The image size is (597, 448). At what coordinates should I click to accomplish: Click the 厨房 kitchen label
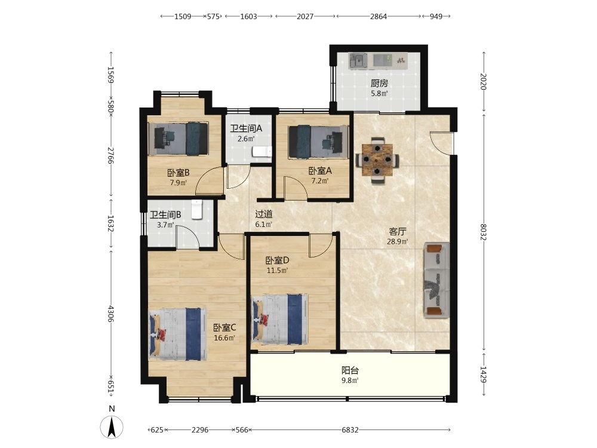(379, 84)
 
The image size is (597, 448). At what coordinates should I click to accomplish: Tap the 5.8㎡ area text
(379, 93)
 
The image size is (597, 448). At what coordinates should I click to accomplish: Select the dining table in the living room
(377, 160)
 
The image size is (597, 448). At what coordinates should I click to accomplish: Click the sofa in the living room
(437, 280)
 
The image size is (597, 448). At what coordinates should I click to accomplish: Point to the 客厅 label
(398, 231)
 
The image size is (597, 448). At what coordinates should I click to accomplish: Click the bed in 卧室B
(178, 139)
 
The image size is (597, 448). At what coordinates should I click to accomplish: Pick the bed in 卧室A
(318, 142)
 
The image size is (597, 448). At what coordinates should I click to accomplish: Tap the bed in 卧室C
(178, 335)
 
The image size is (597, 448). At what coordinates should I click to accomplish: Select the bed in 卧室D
(280, 319)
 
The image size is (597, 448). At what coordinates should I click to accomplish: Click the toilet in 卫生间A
(262, 152)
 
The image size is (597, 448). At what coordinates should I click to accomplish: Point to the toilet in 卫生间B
(196, 210)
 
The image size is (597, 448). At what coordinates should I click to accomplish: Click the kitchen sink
(358, 60)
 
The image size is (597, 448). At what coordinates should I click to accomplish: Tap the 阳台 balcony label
(350, 370)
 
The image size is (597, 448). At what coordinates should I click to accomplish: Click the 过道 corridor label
(263, 214)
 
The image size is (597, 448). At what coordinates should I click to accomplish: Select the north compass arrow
(112, 427)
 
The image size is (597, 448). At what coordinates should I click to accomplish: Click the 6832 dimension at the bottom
(350, 430)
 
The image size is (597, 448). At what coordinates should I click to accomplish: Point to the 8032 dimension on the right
(484, 232)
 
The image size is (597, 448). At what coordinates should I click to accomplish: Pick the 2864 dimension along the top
(378, 16)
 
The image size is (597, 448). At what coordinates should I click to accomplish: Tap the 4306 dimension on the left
(111, 313)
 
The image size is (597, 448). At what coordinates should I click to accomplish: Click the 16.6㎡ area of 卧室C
(224, 338)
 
